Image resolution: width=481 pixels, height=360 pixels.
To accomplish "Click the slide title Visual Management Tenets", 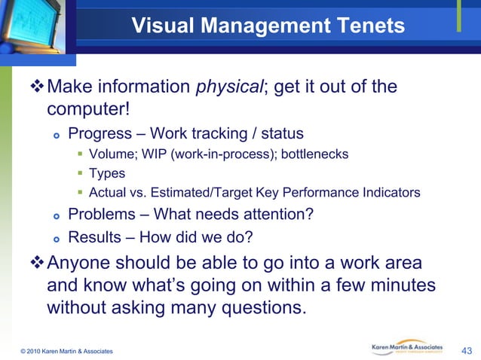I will click(x=268, y=26).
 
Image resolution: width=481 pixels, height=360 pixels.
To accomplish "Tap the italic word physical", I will click(x=225, y=87).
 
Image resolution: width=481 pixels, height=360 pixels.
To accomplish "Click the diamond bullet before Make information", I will click(x=35, y=87).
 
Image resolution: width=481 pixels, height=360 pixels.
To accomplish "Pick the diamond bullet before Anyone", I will click(x=35, y=264).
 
